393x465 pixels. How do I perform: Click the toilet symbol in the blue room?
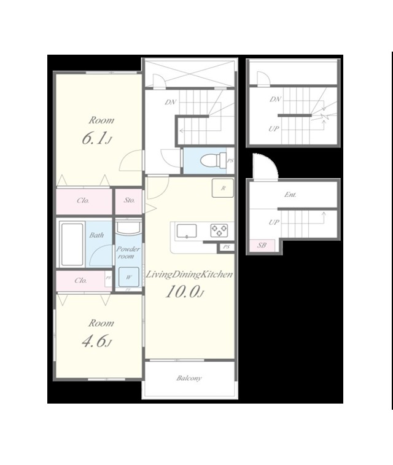214,160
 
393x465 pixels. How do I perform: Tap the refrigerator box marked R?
223,188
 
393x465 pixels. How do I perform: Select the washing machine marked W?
128,277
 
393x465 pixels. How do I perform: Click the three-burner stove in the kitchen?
219,231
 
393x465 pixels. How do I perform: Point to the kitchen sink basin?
187,231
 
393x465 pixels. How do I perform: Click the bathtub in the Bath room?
72,244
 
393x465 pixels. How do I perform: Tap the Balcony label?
189,378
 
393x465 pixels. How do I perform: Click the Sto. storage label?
129,200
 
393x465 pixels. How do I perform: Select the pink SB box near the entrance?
262,246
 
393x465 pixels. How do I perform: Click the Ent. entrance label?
290,195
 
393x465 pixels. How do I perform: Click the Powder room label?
128,252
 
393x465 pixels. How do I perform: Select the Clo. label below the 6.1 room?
83,200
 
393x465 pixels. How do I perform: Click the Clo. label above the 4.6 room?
80,280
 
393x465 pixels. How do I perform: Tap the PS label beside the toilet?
230,161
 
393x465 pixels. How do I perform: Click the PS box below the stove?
227,247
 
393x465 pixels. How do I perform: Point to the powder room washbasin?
128,228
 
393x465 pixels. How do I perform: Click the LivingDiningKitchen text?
189,275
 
